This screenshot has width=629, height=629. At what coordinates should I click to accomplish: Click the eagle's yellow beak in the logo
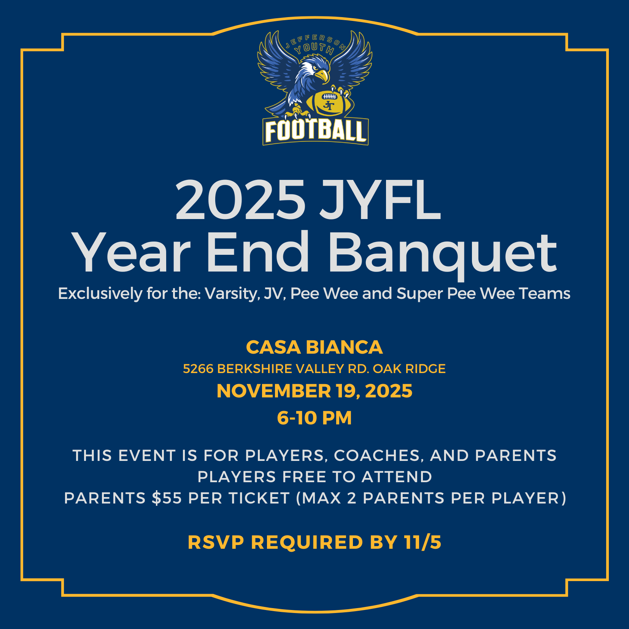tap(322, 75)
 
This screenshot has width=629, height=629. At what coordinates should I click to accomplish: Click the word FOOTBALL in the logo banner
tap(316, 131)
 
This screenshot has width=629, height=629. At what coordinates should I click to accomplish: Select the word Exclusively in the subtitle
tap(100, 294)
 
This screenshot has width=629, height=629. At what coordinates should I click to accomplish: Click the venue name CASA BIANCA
tap(314, 347)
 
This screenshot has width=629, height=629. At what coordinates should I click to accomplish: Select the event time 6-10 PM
tap(314, 418)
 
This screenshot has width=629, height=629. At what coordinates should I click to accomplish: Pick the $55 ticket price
tap(167, 498)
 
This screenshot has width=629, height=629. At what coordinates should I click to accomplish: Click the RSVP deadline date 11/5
tap(423, 542)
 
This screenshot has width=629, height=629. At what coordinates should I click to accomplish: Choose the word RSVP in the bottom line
tap(216, 542)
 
